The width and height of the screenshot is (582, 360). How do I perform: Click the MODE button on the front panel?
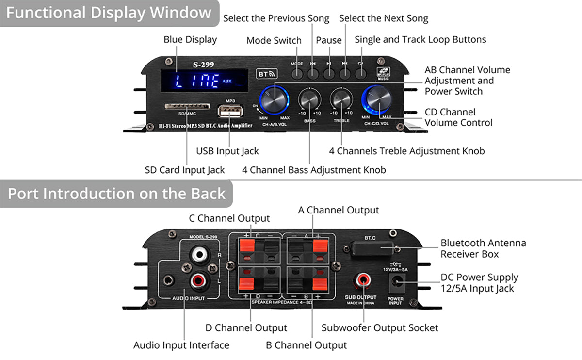pos(297,74)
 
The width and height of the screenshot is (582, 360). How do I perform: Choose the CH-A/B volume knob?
pos(275,99)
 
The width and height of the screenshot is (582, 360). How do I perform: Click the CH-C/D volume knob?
pos(376,99)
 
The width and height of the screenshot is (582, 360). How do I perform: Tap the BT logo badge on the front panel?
pos(266,74)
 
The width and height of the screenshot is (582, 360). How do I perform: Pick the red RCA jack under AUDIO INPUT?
pos(198,279)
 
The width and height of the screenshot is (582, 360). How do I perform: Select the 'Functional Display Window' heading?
pos(109,13)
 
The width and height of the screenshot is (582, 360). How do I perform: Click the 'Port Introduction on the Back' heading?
pos(116,194)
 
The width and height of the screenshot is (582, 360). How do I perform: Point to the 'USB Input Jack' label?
pos(227,151)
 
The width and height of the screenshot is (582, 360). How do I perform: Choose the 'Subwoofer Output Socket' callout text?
pos(380,328)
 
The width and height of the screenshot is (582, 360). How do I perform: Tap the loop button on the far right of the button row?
pos(360,74)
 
